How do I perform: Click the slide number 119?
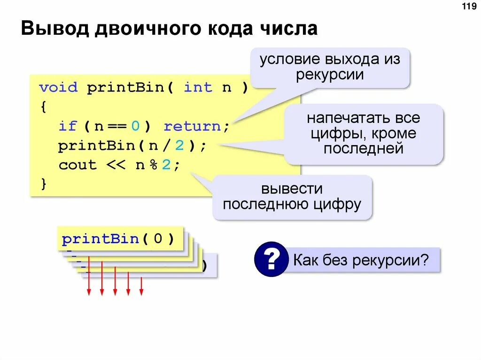click(469, 7)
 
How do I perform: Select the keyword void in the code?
click(58, 88)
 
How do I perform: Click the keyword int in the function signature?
click(198, 88)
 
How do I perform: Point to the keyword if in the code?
click(67, 126)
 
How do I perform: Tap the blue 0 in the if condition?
click(135, 126)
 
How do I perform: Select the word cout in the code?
click(77, 165)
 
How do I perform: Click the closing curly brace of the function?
click(43, 184)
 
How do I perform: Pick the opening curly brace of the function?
click(43, 107)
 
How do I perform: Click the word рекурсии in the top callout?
click(330, 75)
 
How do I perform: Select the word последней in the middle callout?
click(364, 149)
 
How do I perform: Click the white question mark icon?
click(271, 259)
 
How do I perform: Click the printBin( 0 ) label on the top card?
click(118, 239)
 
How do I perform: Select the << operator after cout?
click(116, 165)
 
